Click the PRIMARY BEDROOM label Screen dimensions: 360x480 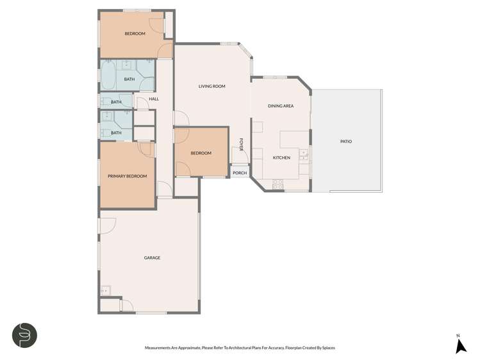127,176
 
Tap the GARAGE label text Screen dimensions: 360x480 152,258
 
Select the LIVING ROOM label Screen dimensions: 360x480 211,86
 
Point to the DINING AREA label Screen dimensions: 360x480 281,106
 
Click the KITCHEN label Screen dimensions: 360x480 281,158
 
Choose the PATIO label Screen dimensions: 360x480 346,142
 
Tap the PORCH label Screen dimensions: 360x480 240,173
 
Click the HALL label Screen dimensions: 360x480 154,99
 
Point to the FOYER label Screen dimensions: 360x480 241,145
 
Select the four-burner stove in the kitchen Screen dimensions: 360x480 278,184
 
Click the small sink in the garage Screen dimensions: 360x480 105,291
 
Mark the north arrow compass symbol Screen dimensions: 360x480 460,346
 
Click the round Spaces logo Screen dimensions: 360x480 24,335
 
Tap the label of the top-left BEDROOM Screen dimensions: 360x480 135,33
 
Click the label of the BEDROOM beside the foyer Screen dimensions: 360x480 201,153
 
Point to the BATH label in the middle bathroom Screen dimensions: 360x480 116,102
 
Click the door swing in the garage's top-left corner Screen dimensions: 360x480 107,225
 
